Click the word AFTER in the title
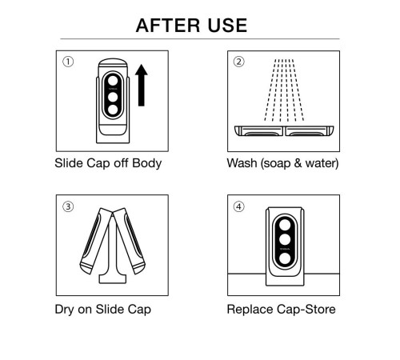168,26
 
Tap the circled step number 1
68,62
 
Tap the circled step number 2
238,62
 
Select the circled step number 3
68,206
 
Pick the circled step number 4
238,206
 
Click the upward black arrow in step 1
141,86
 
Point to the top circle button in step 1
113,81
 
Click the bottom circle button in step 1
113,110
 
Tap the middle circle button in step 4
285,239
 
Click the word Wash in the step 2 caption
242,163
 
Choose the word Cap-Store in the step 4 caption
306,310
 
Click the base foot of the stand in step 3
113,279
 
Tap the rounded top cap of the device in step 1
113,63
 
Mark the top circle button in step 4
285,225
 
